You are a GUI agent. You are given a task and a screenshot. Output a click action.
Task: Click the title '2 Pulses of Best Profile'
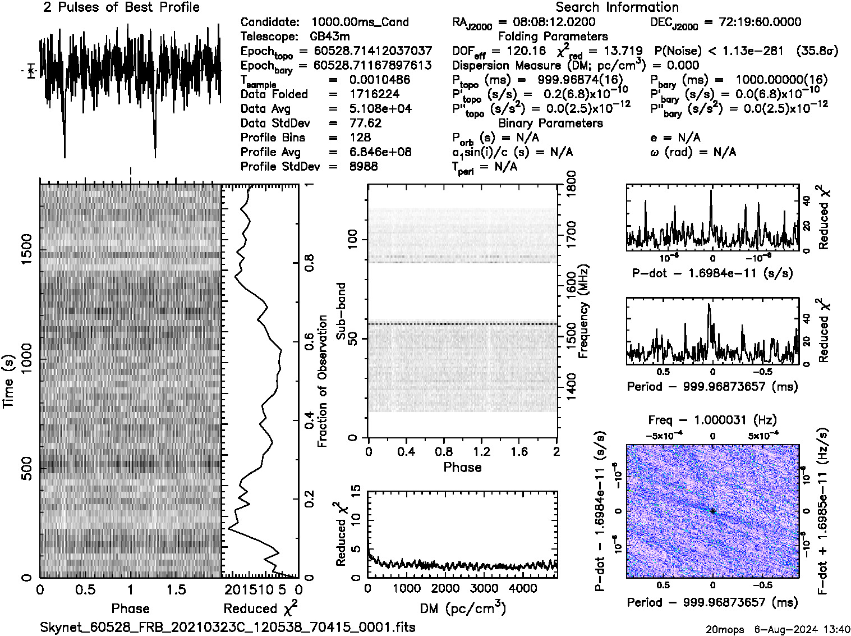coord(121,7)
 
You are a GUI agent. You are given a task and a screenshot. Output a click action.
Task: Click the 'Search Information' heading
coord(617,7)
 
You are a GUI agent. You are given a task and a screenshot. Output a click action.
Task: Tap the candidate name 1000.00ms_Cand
coord(360,22)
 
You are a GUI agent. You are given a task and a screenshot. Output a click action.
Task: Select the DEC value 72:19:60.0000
coord(752,22)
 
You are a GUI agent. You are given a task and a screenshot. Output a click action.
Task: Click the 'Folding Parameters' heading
coord(553,36)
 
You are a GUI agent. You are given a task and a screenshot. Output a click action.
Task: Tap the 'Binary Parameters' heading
coord(550,123)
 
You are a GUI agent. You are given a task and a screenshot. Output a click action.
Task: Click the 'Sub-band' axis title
coord(341,310)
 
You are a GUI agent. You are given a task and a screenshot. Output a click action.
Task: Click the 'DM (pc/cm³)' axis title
coord(462,608)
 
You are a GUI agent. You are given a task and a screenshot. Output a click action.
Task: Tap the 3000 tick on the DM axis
coord(484,588)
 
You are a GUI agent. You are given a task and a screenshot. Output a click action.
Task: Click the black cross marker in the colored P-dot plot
coord(712,511)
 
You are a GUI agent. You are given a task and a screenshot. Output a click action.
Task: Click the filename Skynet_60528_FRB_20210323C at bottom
coord(227,626)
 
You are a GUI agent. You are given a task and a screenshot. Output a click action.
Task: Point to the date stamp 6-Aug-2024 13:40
coord(802,629)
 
